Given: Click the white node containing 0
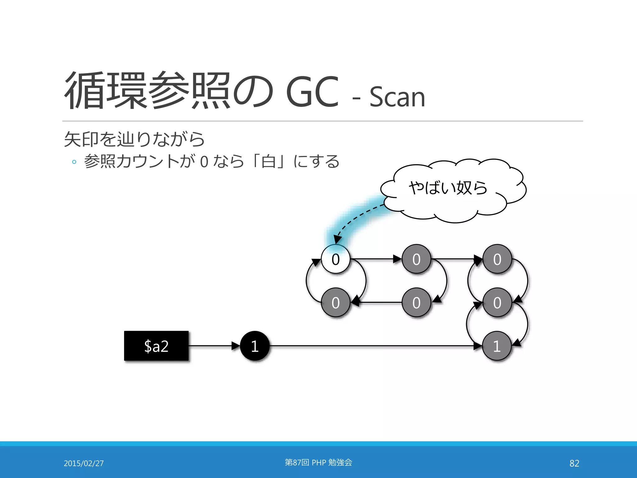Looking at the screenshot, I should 336,259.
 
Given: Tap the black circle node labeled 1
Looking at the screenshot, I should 255,346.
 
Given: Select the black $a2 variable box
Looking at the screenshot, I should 156,346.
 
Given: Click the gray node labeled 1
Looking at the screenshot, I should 497,346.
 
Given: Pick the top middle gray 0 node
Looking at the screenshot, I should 416,259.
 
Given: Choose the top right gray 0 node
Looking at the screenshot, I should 497,259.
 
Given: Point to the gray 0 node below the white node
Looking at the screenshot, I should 336,302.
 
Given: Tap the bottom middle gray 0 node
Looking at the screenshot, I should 416,302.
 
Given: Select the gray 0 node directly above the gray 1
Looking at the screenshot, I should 497,302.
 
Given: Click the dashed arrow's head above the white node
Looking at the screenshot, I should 337,240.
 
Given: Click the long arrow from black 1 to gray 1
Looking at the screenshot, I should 373,346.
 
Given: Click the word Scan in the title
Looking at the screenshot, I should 397,97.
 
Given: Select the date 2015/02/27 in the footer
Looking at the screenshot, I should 84,463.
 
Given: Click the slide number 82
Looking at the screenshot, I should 574,463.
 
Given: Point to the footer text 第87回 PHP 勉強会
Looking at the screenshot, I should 318,462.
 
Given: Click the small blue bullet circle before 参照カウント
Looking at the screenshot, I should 74,162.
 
